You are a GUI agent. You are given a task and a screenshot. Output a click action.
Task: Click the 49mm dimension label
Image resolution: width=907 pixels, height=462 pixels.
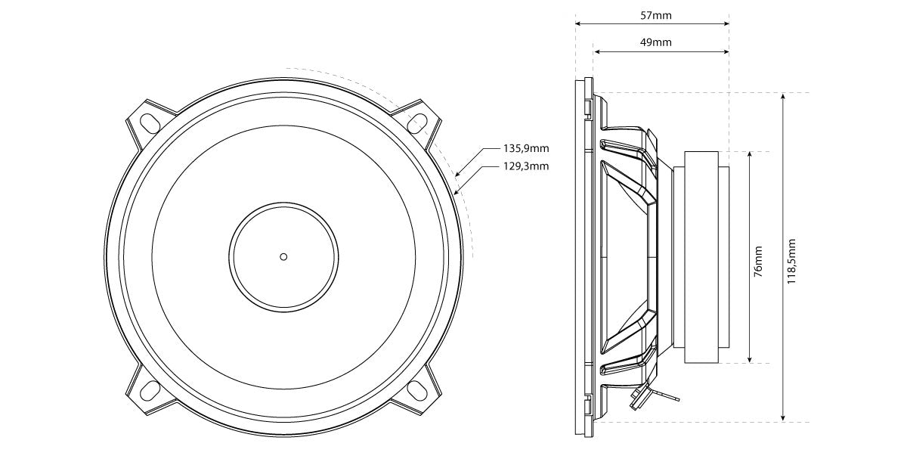[x=656, y=43]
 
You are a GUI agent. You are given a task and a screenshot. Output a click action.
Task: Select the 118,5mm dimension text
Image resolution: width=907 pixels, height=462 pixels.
[x=793, y=257]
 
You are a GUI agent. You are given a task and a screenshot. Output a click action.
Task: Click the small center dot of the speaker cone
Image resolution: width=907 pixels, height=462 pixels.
[x=283, y=256]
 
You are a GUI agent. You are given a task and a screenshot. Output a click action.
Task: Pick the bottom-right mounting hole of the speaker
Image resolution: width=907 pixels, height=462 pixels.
[x=417, y=389]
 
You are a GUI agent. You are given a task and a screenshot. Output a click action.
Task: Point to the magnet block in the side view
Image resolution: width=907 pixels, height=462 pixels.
[x=707, y=257]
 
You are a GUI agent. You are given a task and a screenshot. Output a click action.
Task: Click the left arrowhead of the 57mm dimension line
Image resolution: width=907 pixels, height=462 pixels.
[x=577, y=23]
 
